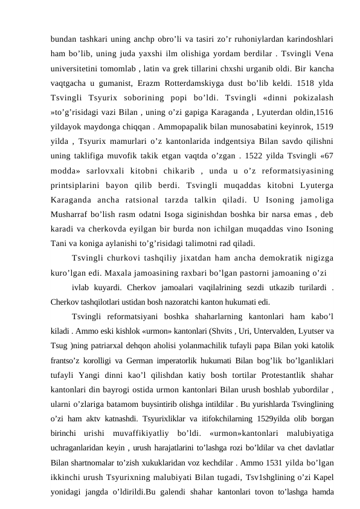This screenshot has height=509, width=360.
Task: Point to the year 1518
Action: point(291,80)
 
